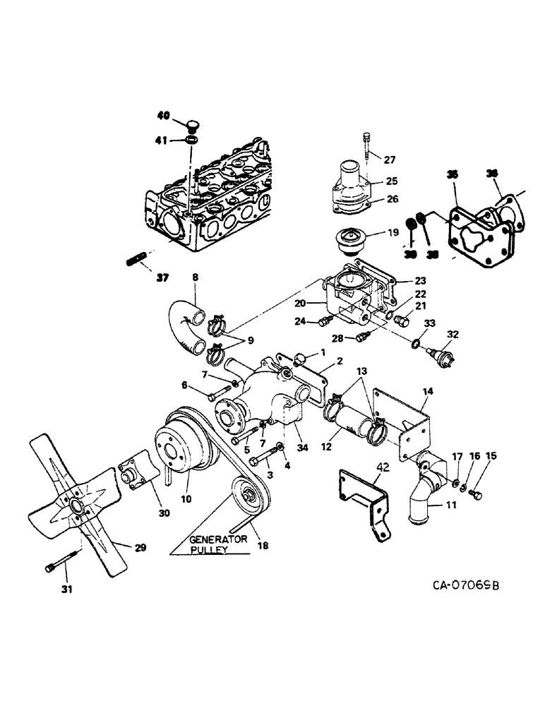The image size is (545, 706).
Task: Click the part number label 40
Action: (162, 114)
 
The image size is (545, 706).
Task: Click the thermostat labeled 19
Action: (348, 244)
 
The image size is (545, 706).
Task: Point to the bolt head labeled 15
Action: (477, 495)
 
